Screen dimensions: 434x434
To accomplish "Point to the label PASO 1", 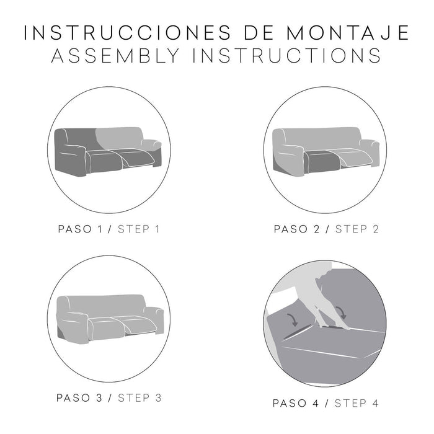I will (x=79, y=229).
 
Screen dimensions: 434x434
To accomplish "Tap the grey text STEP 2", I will (x=356, y=229).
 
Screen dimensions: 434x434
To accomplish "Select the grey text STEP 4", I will (x=356, y=404).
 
